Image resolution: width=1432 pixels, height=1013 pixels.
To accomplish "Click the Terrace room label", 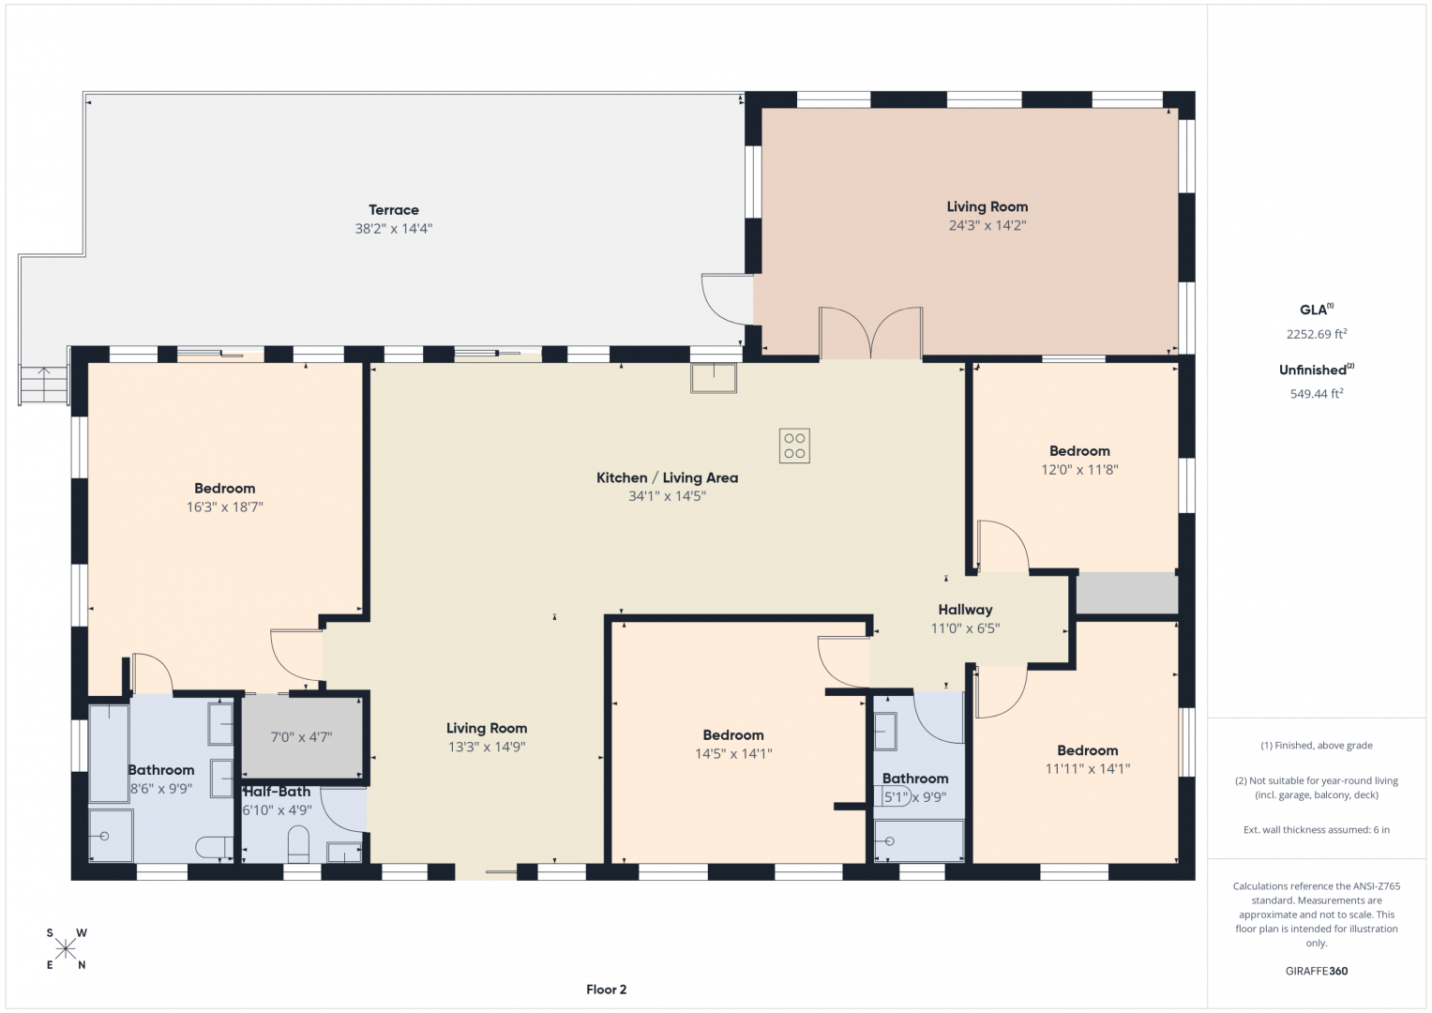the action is [x=394, y=210].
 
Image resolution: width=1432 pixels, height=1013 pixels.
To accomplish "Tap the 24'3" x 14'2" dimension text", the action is [x=987, y=225].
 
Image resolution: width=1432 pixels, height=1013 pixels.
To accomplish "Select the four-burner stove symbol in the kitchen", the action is [x=794, y=446].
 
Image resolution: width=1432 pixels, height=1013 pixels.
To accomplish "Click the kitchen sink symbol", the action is [x=714, y=378].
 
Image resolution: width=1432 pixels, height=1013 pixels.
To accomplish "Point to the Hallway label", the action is [x=965, y=610].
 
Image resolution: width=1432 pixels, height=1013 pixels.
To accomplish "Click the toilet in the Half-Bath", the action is [x=298, y=844].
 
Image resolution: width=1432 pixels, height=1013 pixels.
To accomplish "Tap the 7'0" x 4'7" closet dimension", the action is [x=301, y=737].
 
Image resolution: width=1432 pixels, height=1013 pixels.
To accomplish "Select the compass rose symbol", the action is [x=66, y=949].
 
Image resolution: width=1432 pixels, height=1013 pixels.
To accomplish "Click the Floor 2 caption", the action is [x=606, y=990].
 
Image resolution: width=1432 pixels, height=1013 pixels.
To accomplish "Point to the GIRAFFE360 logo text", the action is [x=1317, y=971].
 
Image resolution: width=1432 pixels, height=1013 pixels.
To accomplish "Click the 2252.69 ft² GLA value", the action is [x=1317, y=333].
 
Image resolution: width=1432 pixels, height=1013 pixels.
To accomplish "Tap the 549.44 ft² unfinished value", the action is [x=1317, y=393].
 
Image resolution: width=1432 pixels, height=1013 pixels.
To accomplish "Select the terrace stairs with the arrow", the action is [x=43, y=385].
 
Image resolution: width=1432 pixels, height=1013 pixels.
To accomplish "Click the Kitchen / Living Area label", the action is [x=667, y=477].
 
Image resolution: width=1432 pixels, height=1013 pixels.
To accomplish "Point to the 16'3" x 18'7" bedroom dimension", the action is [x=225, y=507].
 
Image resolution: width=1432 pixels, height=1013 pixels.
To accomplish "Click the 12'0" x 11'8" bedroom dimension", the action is [x=1079, y=469].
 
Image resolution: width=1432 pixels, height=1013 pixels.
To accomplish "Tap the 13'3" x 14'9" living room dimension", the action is [x=487, y=747].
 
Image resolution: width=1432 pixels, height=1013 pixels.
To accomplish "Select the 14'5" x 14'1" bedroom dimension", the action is [x=733, y=754].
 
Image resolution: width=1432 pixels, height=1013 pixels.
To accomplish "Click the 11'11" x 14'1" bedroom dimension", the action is [x=1088, y=769].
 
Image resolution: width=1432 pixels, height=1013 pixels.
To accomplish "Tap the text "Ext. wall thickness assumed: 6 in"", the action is [x=1317, y=829].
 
